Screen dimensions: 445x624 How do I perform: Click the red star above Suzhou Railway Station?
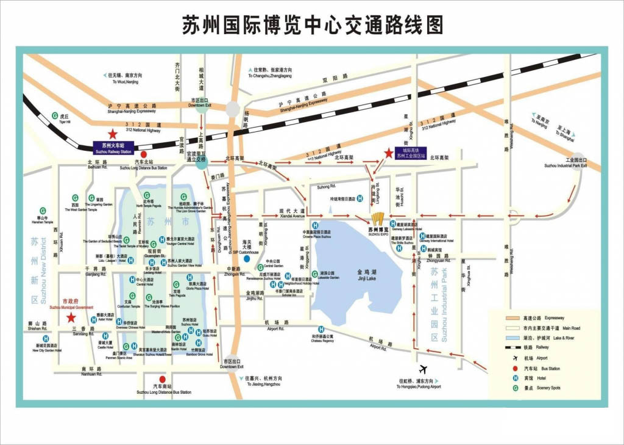112,134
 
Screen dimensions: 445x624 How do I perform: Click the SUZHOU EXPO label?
378,231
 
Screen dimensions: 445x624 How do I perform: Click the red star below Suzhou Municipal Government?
71,317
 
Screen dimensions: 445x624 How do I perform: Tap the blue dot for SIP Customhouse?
247,259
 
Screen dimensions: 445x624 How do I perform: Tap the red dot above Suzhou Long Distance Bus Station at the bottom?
163,378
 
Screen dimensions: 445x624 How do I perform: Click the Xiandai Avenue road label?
292,214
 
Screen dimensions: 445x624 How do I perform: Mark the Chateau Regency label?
323,338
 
